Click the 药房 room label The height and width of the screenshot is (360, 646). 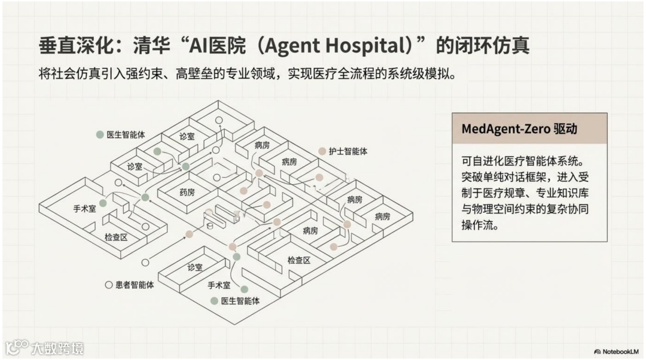click(187, 192)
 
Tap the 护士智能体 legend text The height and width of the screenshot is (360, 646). click(348, 151)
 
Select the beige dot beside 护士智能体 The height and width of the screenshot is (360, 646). click(322, 151)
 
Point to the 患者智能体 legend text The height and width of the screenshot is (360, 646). click(135, 285)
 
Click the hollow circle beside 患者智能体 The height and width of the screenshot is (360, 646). click(108, 285)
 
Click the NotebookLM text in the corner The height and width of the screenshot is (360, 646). click(620, 351)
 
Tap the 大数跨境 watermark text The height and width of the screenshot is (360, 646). click(57, 348)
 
